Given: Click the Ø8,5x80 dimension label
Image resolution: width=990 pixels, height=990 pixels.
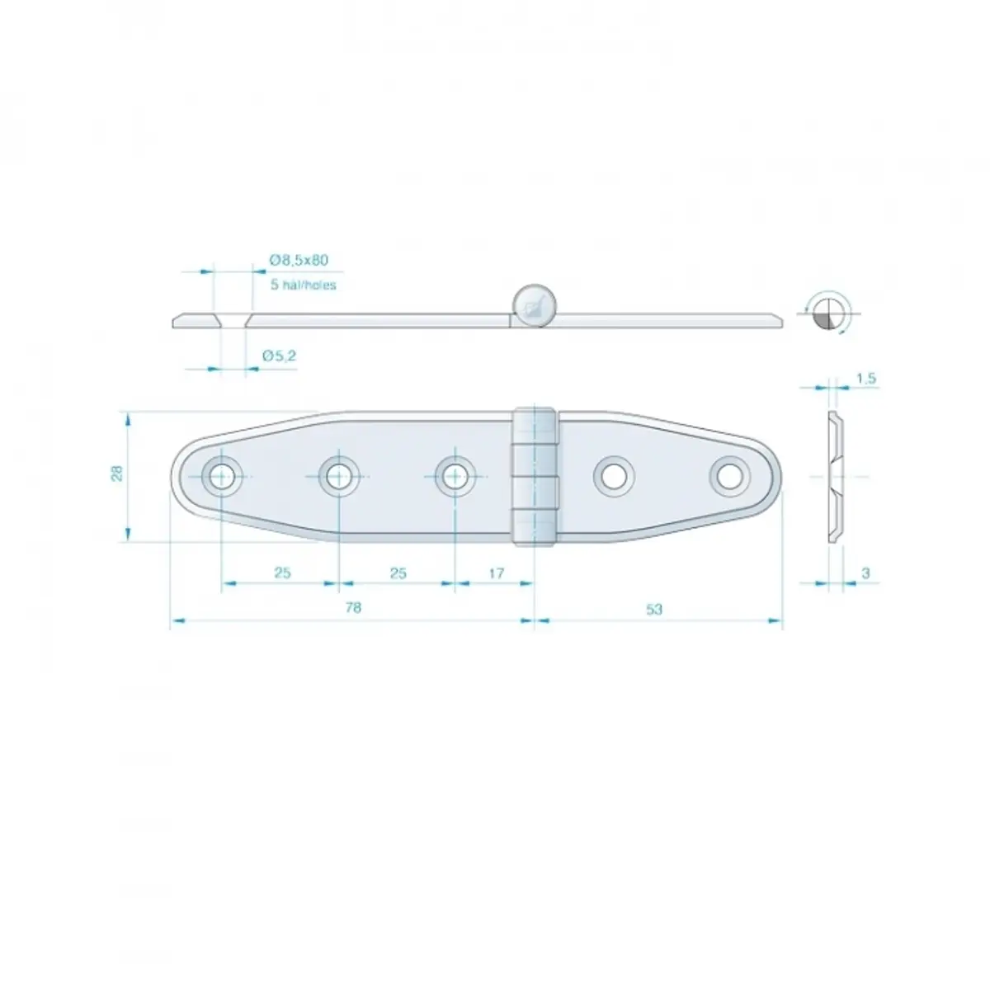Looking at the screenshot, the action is click(x=299, y=260).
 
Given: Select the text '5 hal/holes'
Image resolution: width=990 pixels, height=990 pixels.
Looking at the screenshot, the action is click(x=303, y=285).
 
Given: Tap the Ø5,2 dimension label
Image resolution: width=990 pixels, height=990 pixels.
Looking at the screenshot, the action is click(x=279, y=356).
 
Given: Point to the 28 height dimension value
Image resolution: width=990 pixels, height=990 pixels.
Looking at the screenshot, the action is click(x=118, y=473).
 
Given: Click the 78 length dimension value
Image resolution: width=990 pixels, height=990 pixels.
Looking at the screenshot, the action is click(x=353, y=608).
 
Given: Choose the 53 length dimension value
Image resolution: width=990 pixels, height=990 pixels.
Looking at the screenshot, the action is click(x=654, y=610).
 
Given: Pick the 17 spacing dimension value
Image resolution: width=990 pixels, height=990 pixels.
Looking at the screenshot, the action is click(x=497, y=573).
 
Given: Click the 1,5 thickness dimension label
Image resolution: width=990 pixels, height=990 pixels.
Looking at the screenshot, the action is click(x=865, y=378).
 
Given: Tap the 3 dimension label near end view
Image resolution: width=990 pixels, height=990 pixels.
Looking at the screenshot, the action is click(x=865, y=573).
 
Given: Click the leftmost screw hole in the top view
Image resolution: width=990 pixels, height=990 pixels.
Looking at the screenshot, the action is click(x=221, y=476).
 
